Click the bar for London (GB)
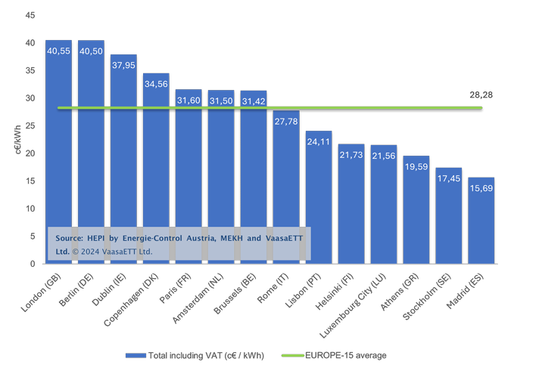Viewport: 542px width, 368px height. tap(59, 152)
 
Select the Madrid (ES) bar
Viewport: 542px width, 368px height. tap(481, 221)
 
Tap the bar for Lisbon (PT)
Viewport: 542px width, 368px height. tap(319, 197)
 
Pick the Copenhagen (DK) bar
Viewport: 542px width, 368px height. tap(156, 169)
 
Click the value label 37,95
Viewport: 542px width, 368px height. tap(123, 65)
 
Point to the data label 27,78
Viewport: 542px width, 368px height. tap(286, 122)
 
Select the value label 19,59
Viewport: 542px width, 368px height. tap(416, 167)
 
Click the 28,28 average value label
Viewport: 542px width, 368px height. tap(481, 95)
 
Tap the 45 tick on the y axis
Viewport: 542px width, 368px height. tap(30, 15)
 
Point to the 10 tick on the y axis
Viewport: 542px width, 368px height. tap(30, 209)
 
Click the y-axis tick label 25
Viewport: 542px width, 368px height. tap(30, 126)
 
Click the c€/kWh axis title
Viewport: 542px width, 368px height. tap(18, 139)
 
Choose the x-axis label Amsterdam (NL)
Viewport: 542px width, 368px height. tap(198, 298)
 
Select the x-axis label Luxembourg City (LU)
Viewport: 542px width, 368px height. tap(353, 305)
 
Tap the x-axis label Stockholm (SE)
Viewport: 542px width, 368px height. tap(427, 297)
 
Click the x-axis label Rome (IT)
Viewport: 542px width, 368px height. tap(273, 288)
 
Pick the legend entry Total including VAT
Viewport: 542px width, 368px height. tap(195, 356)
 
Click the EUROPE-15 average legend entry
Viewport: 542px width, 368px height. tap(334, 356)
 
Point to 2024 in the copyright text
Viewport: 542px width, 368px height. tap(90, 252)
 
